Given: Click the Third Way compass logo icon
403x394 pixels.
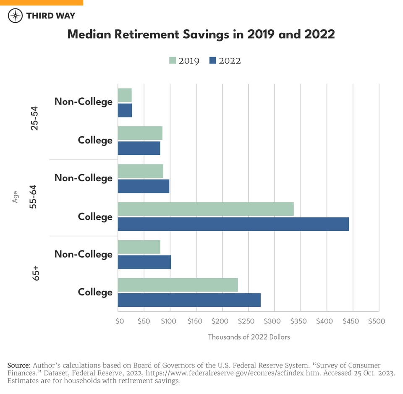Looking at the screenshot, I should [x=16, y=16].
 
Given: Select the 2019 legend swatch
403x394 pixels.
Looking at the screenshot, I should [x=172, y=60].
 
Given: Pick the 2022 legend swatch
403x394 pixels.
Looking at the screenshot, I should [x=212, y=60].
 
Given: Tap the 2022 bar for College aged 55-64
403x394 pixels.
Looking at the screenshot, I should [x=233, y=224].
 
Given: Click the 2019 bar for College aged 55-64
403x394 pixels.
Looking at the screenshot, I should [x=205, y=209].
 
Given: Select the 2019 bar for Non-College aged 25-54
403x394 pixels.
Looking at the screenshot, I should [x=125, y=95].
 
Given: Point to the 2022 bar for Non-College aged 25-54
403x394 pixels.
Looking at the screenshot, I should [x=125, y=110].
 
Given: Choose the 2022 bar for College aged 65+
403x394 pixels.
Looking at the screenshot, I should [x=189, y=300].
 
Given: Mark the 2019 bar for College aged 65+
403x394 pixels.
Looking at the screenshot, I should [x=178, y=285].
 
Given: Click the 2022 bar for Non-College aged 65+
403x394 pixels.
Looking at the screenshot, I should [x=144, y=262].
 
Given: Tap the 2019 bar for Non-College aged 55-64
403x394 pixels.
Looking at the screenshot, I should [x=140, y=171].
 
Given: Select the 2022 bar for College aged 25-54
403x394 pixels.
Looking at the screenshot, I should [x=139, y=148].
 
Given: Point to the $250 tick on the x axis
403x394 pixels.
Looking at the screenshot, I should [x=249, y=321].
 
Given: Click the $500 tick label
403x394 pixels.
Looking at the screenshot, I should [x=376, y=321].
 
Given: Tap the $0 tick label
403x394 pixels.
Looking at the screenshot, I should [x=120, y=321].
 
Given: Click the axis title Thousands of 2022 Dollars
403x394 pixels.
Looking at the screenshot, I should [x=249, y=337].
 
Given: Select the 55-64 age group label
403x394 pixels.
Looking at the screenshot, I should [x=35, y=198].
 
